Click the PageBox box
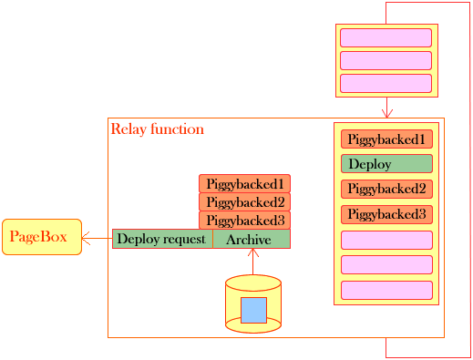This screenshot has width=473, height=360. tap(41, 237)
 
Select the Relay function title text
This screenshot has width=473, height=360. tap(157, 129)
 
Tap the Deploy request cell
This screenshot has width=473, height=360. tap(162, 239)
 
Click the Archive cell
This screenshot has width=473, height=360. tap(251, 239)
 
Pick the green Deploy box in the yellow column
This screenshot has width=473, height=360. tap(386, 165)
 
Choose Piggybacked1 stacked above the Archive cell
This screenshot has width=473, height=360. tap(244, 184)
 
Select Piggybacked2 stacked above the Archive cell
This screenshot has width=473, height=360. tap(244, 202)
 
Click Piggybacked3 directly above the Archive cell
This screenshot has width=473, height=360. tap(244, 221)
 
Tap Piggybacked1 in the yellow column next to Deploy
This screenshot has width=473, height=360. tap(386, 139)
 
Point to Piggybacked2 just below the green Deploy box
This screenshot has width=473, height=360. tap(386, 190)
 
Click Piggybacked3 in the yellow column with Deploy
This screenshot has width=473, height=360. tap(386, 215)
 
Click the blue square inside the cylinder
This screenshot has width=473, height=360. tap(253, 310)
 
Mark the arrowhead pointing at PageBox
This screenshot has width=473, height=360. tap(86, 239)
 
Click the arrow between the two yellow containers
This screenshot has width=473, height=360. tap(386, 108)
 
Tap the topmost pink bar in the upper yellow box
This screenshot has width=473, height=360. tap(386, 37)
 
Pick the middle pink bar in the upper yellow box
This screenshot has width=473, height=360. tap(386, 60)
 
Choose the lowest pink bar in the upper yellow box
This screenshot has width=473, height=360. tap(386, 83)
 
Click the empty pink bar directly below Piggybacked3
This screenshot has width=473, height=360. tap(386, 240)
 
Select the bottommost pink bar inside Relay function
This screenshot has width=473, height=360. tap(386, 290)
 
